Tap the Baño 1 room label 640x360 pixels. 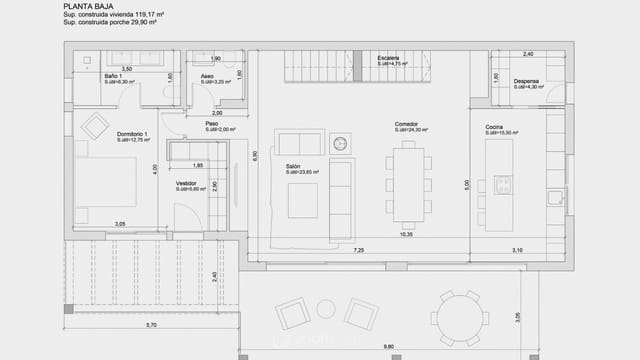pos(113,77)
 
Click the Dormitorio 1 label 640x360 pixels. pos(132,134)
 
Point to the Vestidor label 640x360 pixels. pos(186,183)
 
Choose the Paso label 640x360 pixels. pos(212,124)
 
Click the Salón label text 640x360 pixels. pos(294,167)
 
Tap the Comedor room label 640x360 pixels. pos(406,125)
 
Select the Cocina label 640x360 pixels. pos(494,127)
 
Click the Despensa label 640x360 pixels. pos(527,82)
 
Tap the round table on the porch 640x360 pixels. pos(460,317)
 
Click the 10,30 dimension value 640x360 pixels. pos(405,234)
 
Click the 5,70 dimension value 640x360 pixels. pos(150,326)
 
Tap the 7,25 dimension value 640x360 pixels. pos(359,249)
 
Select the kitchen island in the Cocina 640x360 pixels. pos(498,182)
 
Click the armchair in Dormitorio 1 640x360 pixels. pos(95,126)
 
